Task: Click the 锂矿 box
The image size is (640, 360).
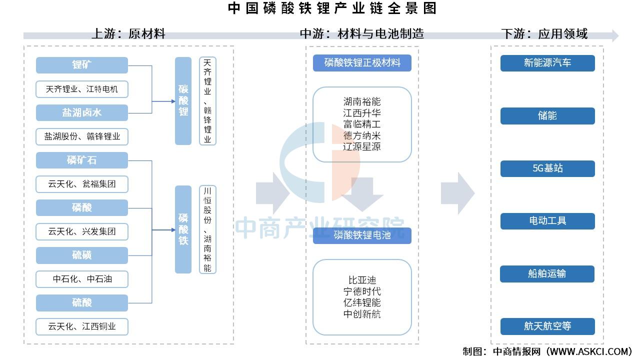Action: click(x=82, y=65)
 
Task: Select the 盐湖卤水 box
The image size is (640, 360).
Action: click(x=82, y=112)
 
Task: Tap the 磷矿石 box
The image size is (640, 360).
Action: click(x=82, y=160)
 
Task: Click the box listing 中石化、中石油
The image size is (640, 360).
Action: click(x=82, y=279)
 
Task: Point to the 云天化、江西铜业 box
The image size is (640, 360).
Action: click(x=82, y=326)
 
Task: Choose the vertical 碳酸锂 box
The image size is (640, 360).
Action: click(x=183, y=100)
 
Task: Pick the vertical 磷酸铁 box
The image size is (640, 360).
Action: click(x=183, y=229)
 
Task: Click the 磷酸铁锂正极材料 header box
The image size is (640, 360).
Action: click(x=362, y=63)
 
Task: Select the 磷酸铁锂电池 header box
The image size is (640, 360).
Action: click(x=362, y=235)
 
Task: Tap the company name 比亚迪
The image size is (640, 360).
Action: click(x=362, y=280)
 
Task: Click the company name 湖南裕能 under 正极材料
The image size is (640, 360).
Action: click(x=362, y=102)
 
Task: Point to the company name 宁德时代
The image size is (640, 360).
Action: click(x=362, y=291)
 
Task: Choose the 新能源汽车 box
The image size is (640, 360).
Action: click(x=547, y=63)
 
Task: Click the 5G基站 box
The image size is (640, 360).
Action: click(x=547, y=168)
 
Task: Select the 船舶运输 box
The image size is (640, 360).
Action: click(x=547, y=273)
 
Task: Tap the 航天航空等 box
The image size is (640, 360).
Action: click(x=547, y=326)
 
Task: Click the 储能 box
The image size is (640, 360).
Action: click(x=547, y=115)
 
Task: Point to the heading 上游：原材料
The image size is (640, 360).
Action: click(x=128, y=34)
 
